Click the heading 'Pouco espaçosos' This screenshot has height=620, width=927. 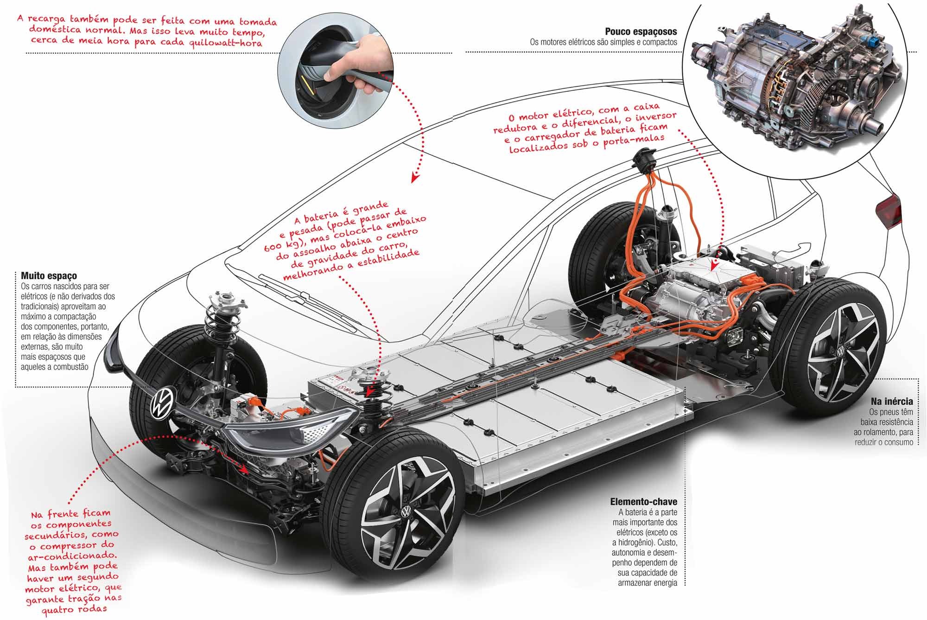pyautogui.click(x=641, y=32)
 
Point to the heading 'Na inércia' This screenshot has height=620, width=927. pyautogui.click(x=891, y=401)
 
